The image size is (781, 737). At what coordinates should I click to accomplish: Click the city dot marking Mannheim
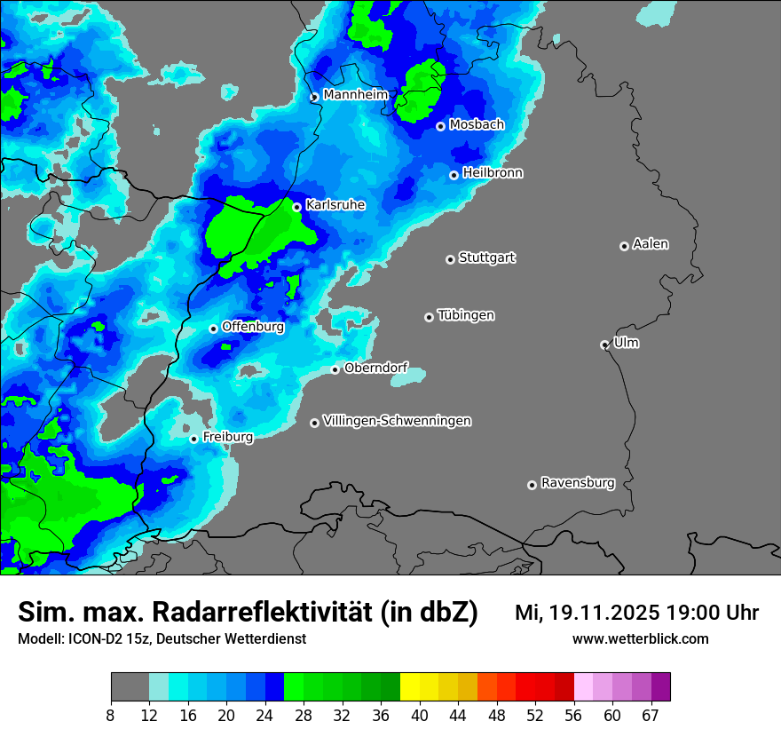point(314,98)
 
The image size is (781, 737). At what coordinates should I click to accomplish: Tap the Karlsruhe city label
point(335,205)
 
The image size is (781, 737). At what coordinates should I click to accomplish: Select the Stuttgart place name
point(486,258)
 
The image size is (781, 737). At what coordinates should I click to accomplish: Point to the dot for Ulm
point(604,345)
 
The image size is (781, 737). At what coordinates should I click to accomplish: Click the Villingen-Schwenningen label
point(397,421)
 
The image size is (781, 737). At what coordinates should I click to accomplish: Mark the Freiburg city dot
point(193,439)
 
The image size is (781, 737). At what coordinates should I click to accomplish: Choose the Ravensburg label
point(577,483)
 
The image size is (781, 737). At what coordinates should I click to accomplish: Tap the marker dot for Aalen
point(624,246)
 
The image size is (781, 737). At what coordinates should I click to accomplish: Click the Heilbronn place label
point(493,173)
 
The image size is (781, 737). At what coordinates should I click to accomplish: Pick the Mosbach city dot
point(440,126)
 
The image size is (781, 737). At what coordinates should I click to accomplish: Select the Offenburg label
point(253,327)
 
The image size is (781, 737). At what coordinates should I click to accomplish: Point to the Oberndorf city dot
point(335,369)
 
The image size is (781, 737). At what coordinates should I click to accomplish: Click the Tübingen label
point(466,315)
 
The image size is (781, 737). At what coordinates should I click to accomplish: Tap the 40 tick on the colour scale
point(420,715)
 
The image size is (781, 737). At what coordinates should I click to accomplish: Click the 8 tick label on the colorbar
point(111,715)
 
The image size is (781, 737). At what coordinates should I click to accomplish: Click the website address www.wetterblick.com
point(640,638)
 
